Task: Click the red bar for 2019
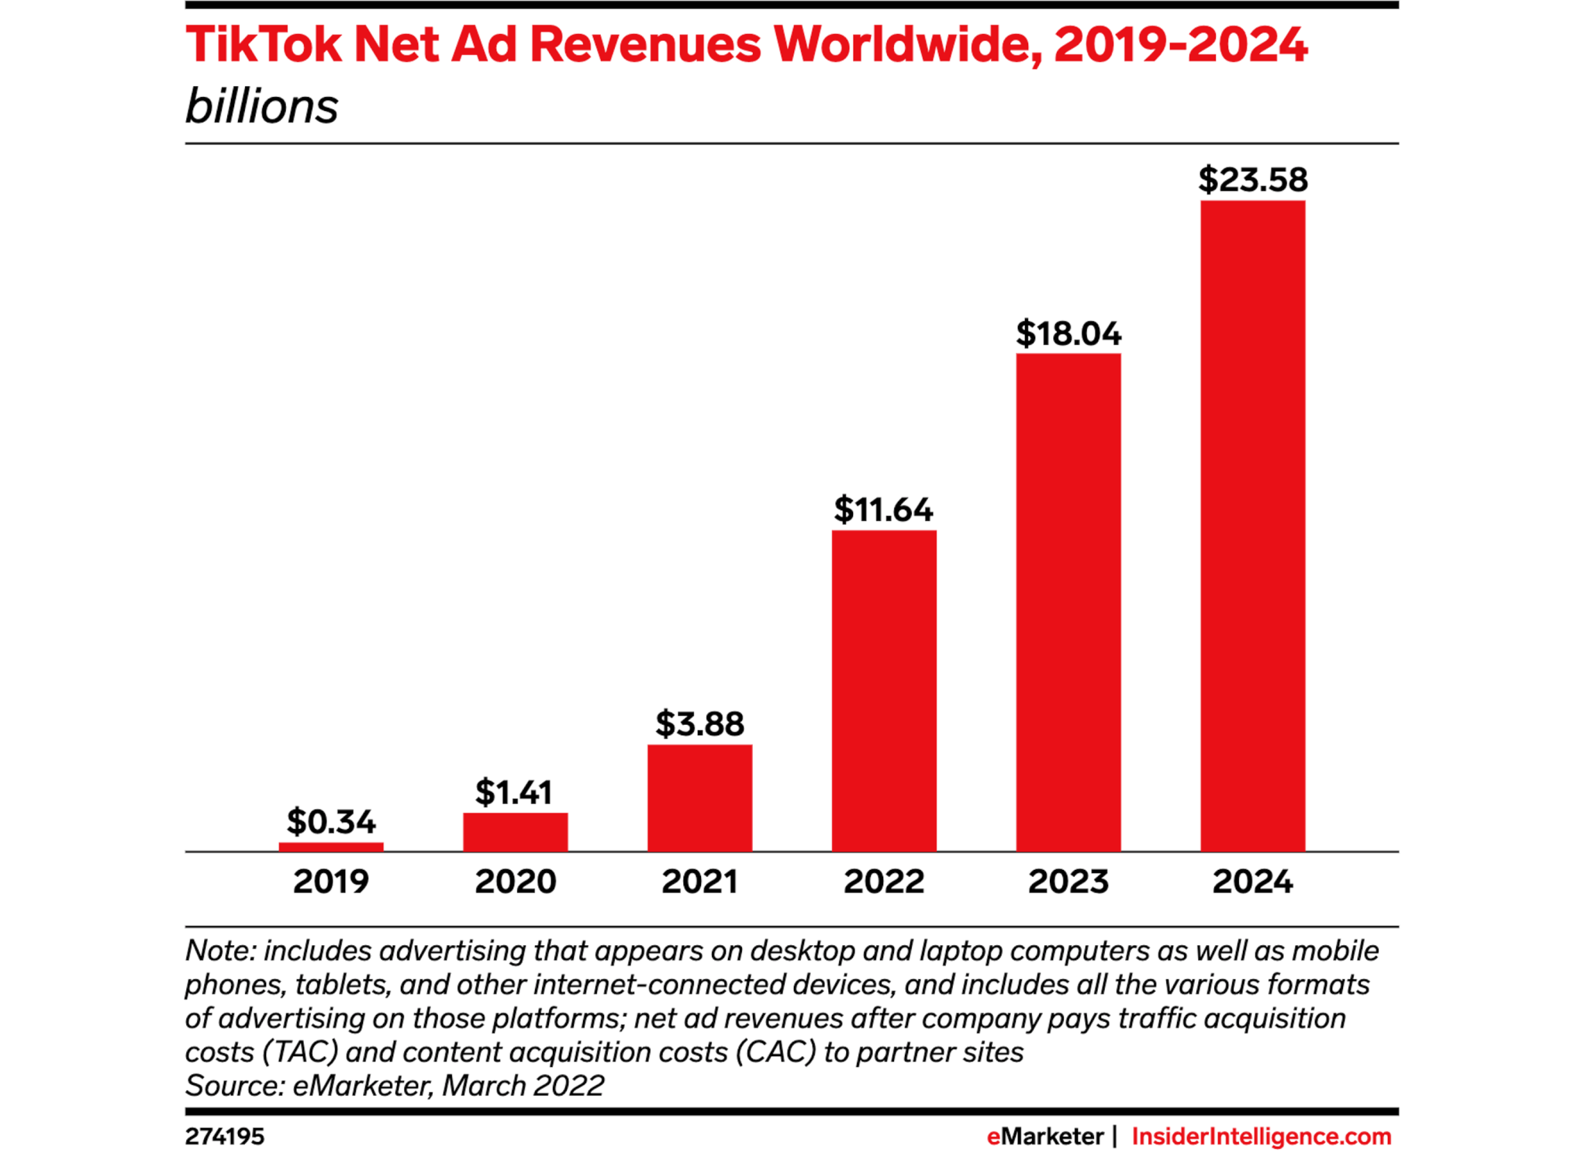(331, 847)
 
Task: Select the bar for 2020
(515, 832)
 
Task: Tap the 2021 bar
(699, 798)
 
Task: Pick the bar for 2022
(884, 690)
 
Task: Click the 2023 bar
(1068, 602)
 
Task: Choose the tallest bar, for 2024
(1252, 526)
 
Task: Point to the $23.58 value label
(1252, 180)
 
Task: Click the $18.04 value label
(1068, 333)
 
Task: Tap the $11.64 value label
(884, 509)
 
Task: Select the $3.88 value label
(699, 723)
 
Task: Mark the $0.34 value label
(331, 821)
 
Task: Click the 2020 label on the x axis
(515, 882)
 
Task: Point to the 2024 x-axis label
(1252, 882)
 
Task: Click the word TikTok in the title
(264, 44)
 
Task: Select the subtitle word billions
(262, 106)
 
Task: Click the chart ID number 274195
(225, 1137)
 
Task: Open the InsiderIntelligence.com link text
(1262, 1137)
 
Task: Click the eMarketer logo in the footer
(1044, 1137)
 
